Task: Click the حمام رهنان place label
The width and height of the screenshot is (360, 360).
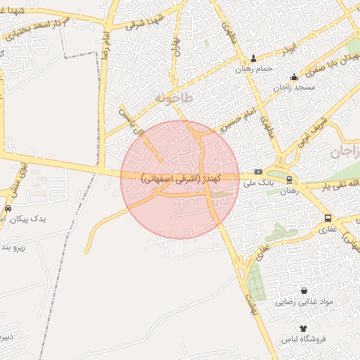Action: tap(254, 69)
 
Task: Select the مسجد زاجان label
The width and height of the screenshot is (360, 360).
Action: tap(293, 88)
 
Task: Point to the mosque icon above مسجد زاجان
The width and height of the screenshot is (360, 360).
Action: tap(293, 77)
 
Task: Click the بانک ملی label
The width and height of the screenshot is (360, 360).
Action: tap(257, 183)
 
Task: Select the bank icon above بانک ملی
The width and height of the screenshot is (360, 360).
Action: tap(258, 172)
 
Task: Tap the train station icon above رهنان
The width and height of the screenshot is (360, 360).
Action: tap(290, 179)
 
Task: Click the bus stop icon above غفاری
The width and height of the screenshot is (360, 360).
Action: tap(328, 218)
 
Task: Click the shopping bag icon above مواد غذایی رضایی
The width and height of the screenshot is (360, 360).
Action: tap(303, 290)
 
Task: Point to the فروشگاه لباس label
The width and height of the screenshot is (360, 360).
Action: tap(303, 340)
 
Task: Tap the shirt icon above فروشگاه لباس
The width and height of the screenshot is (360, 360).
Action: tap(303, 328)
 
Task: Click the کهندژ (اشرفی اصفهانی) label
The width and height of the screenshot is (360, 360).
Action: tap(181, 179)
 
